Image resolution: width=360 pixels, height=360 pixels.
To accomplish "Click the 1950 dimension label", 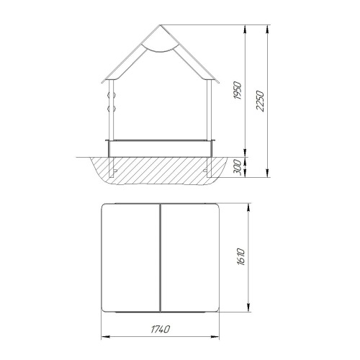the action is (x=237, y=91).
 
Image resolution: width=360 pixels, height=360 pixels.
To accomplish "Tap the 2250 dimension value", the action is (x=260, y=101).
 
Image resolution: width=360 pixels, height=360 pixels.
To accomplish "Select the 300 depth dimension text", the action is (x=237, y=167).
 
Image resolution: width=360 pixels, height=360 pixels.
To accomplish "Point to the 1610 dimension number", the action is (x=241, y=257).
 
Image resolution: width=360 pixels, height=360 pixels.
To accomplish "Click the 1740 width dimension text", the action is (x=160, y=329).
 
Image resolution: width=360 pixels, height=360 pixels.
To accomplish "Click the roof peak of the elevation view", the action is (x=160, y=24).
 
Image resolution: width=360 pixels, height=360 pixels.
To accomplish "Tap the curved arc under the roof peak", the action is (x=160, y=48).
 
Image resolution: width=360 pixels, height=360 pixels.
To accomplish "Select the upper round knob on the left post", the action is (x=112, y=96).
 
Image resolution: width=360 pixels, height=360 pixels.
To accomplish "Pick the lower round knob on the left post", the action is (x=112, y=109).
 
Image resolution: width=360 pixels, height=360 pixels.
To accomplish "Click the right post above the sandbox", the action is (x=210, y=109).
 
